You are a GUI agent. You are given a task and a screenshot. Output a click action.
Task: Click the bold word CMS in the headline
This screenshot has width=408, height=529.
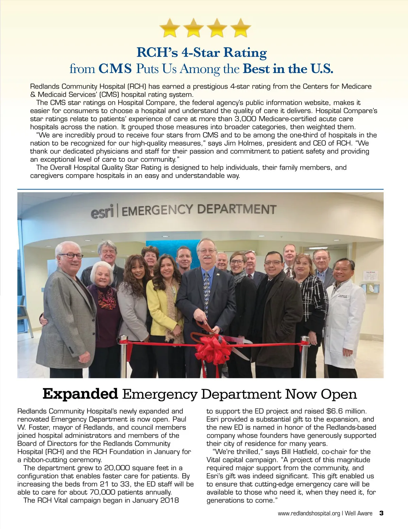(x=115, y=69)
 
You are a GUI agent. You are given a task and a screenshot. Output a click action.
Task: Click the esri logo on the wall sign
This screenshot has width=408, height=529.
(x=102, y=212)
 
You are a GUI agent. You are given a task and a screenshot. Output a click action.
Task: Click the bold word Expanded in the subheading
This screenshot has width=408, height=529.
(x=80, y=394)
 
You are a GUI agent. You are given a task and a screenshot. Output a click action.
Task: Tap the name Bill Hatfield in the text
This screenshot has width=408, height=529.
(x=301, y=452)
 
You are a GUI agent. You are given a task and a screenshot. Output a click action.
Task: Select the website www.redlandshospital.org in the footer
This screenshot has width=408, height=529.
(x=309, y=513)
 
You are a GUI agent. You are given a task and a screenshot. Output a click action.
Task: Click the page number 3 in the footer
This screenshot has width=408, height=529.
(x=381, y=513)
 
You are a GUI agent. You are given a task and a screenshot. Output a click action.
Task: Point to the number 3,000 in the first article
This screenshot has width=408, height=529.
(x=248, y=119)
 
